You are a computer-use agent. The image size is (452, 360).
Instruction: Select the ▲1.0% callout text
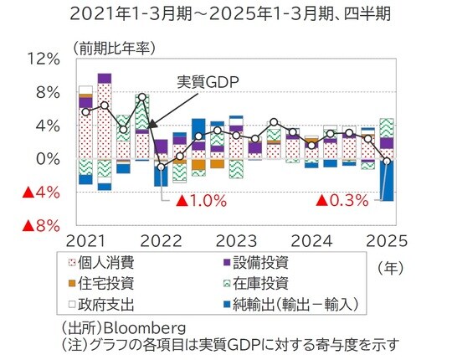(199, 201)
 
